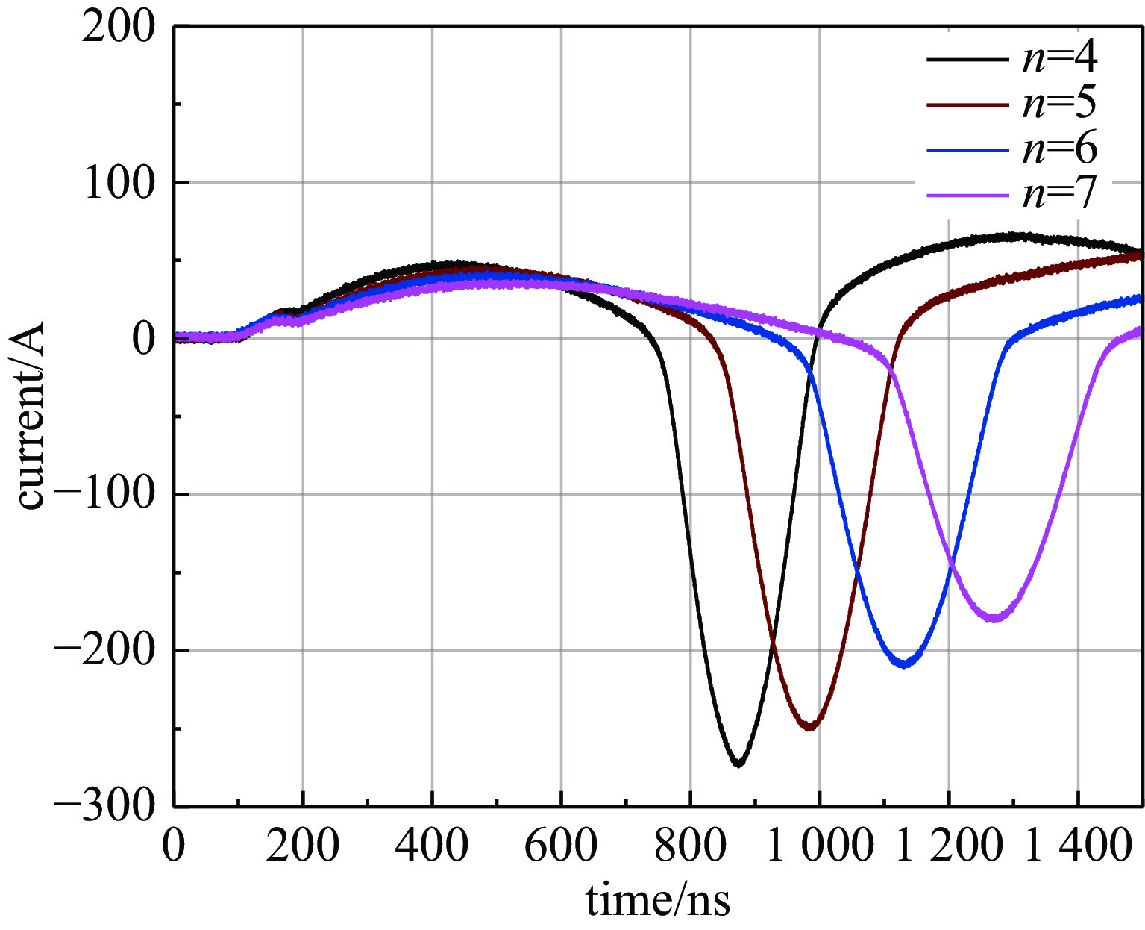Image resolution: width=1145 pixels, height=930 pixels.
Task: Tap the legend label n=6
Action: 1059,149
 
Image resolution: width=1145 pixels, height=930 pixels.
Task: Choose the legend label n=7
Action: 1059,194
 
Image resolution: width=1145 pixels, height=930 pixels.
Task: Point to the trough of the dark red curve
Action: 810,727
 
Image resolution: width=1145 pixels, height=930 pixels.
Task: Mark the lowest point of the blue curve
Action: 905,664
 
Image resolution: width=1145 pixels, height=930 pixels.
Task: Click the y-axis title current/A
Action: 31,416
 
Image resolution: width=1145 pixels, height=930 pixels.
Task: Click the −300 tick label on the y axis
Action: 104,807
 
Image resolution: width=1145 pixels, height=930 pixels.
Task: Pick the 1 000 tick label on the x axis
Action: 819,846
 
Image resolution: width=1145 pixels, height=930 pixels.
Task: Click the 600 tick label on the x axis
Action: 561,846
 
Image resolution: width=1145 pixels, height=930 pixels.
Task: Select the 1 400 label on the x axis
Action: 1077,846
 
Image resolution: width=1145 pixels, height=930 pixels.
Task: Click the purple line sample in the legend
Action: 967,196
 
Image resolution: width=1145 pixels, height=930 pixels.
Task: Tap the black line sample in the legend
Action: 967,57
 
